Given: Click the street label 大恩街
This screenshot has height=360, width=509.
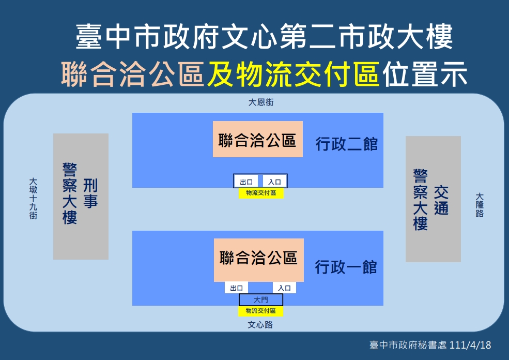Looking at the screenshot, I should click(x=261, y=102).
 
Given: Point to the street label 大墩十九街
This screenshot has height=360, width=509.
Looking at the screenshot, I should click(x=33, y=199).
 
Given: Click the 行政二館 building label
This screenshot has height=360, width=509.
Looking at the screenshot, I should click(x=347, y=144).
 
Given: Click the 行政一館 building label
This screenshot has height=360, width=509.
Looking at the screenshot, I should click(x=346, y=267).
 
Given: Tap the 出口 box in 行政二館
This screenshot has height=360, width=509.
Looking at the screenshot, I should click(x=246, y=182).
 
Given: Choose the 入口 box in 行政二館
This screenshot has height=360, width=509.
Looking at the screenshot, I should click(x=274, y=182).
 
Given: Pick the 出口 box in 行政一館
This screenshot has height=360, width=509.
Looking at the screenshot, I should click(x=236, y=288).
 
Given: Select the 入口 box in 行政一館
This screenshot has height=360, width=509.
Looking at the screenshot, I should click(x=284, y=288).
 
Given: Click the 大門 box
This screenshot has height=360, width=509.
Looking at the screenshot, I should click(x=260, y=300).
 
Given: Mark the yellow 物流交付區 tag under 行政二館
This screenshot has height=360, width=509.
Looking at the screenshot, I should click(x=261, y=193).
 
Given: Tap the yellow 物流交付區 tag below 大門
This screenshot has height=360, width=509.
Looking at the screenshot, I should click(x=260, y=311).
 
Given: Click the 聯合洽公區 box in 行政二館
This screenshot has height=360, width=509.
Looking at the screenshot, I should click(x=257, y=140).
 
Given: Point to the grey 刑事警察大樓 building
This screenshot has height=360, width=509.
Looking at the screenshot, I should click(x=81, y=197).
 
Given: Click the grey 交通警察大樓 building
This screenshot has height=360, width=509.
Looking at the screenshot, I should click(x=433, y=199).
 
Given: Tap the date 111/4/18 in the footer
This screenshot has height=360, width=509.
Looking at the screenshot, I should click(x=471, y=346).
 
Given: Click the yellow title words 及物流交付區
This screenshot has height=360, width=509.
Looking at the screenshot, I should click(x=294, y=76).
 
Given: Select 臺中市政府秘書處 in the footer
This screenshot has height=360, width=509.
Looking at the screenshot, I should click(x=408, y=346).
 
